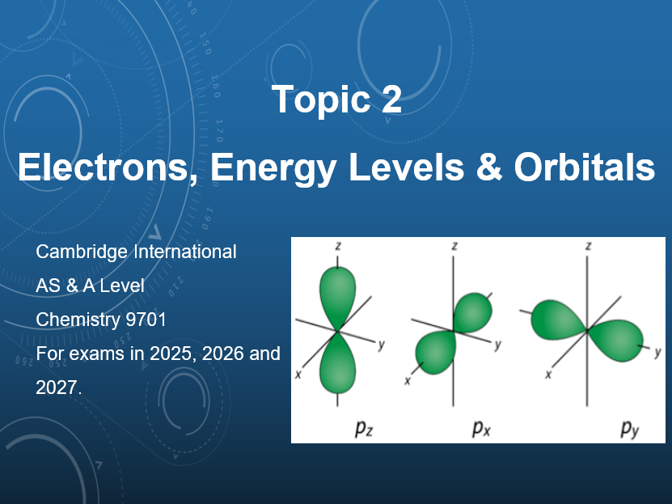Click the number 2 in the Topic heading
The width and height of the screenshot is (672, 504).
click(x=389, y=100)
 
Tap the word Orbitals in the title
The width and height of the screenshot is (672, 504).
click(x=584, y=167)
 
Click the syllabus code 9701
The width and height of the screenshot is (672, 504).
click(x=146, y=320)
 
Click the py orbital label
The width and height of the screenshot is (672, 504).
click(x=630, y=429)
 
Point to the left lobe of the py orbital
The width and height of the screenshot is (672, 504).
click(x=554, y=318)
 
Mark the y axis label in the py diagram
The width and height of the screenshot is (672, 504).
click(x=657, y=352)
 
